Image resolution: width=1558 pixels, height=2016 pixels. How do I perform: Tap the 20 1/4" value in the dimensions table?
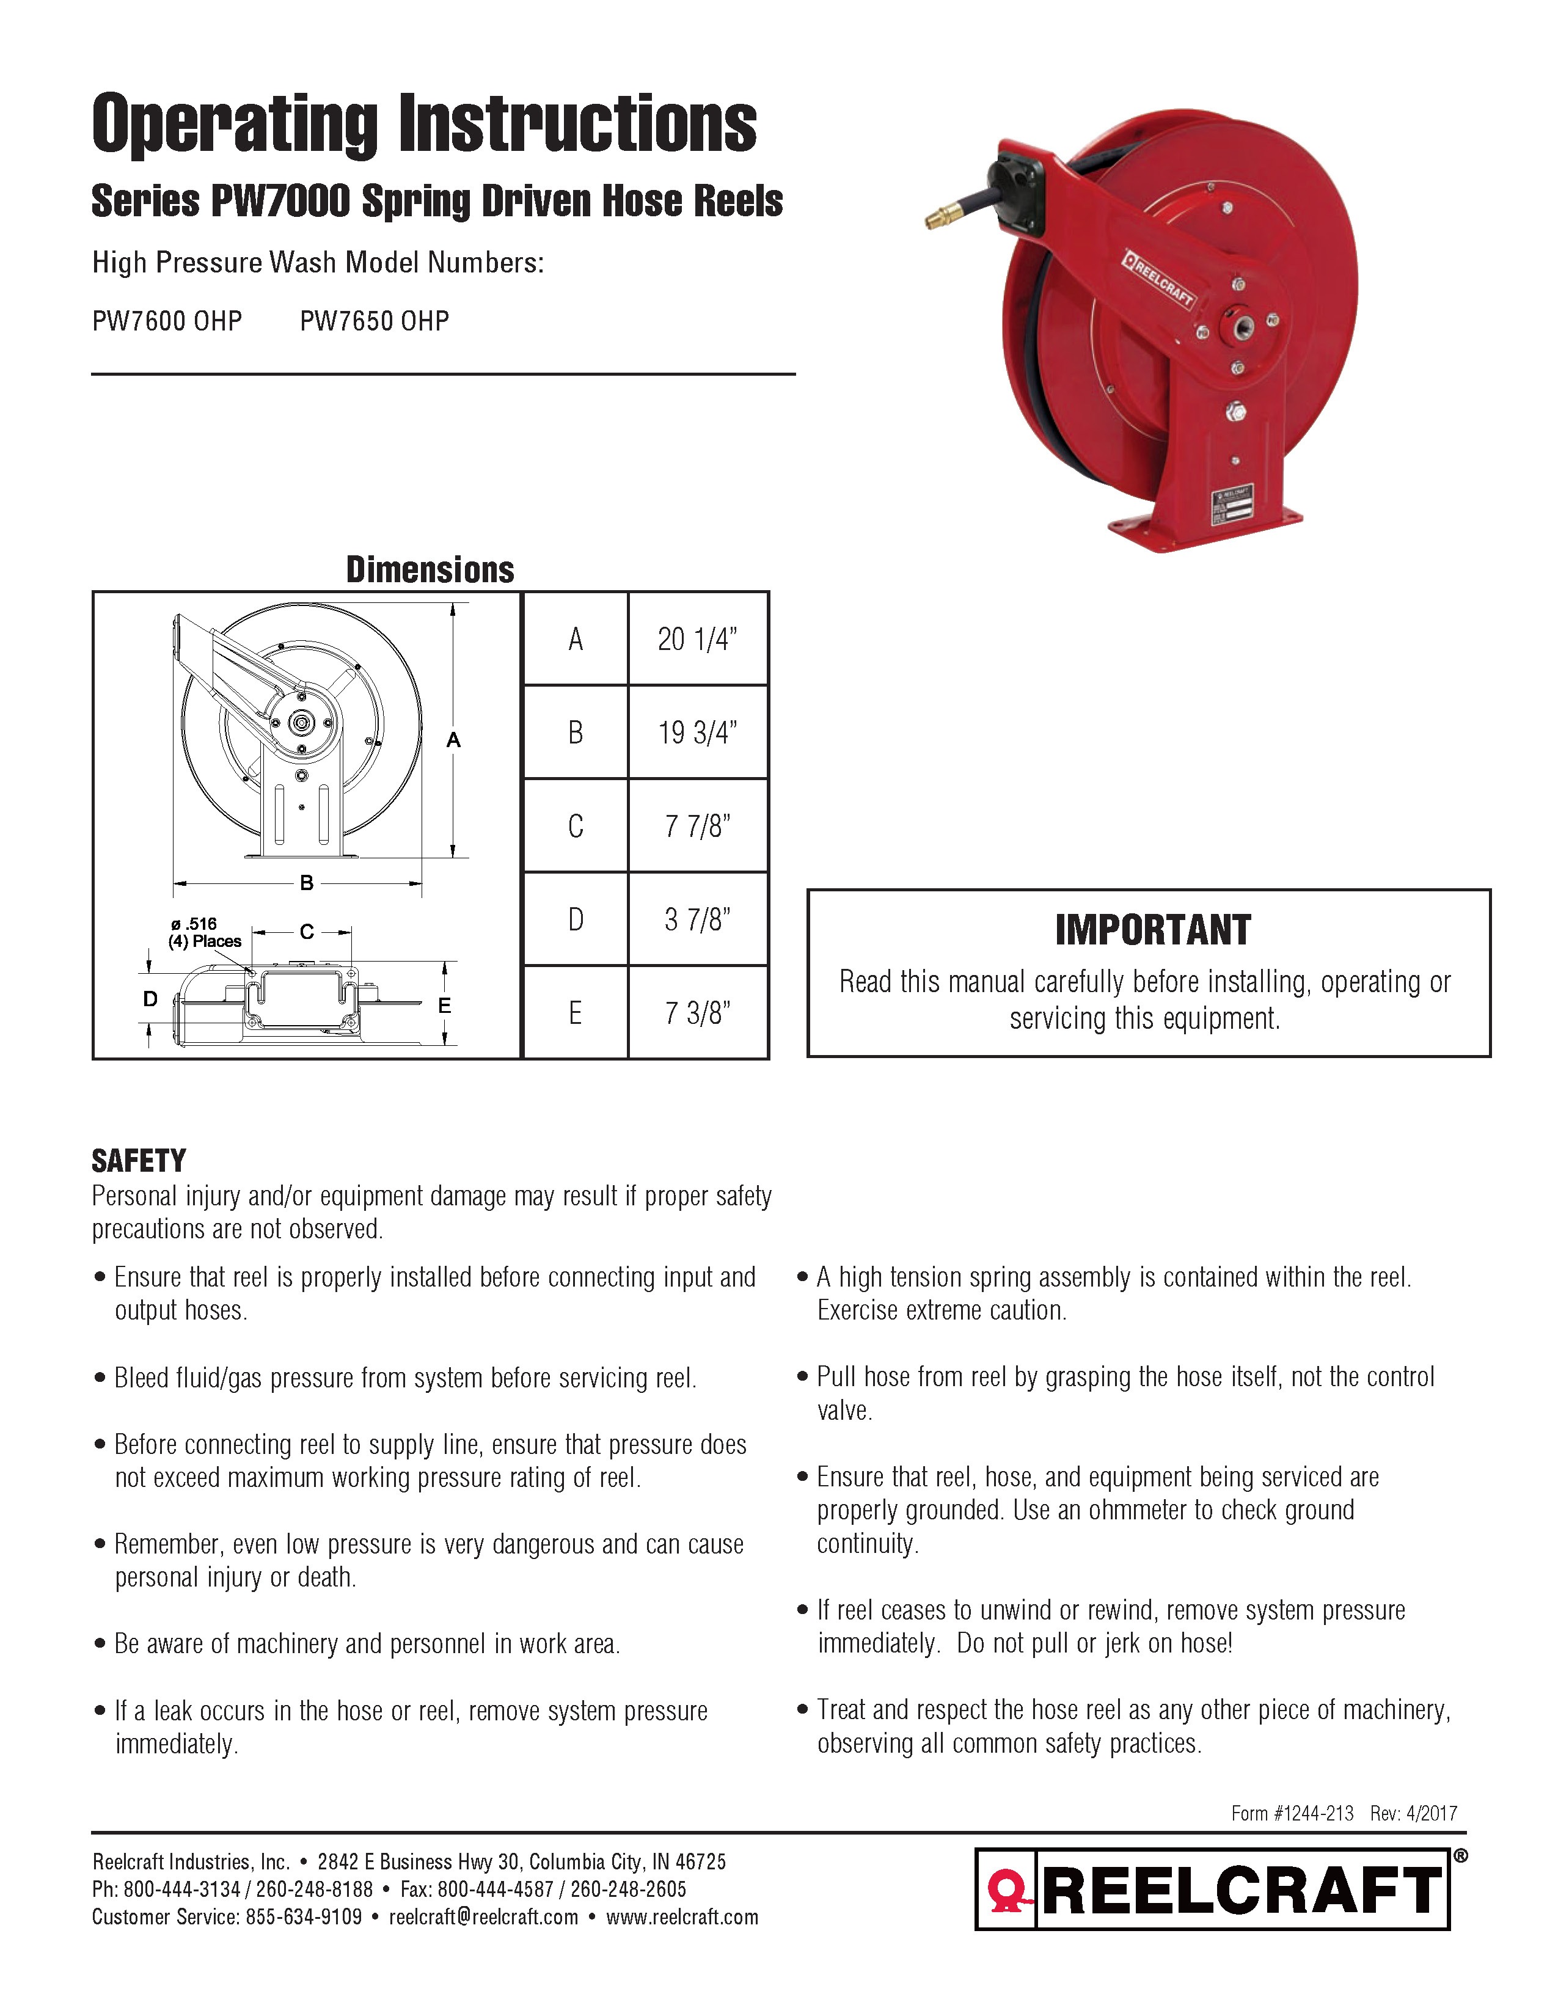coord(697,639)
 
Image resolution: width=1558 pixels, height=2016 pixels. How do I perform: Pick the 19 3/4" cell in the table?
coord(697,733)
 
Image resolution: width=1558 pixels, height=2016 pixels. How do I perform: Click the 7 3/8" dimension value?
coord(697,1013)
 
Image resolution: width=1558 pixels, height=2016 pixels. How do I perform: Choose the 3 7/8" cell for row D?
coord(697,919)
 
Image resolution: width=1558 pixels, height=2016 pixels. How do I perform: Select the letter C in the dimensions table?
coord(575,826)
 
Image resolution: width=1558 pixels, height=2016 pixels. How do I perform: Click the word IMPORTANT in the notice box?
coord(1153,930)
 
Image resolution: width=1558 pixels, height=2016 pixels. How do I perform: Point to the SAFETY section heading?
coord(139,1160)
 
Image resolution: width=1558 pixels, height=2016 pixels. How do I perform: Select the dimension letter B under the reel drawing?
coord(307,883)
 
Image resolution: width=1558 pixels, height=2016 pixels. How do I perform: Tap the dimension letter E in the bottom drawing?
coord(444,1005)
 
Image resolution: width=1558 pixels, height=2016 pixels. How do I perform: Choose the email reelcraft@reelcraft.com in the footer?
coord(484,1917)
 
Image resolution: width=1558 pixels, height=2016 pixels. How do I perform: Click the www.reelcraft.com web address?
coord(682,1917)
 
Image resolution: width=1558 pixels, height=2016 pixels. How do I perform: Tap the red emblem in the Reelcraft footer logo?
coord(1007,1891)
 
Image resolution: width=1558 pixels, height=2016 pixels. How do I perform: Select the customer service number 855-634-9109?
coord(304,1917)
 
